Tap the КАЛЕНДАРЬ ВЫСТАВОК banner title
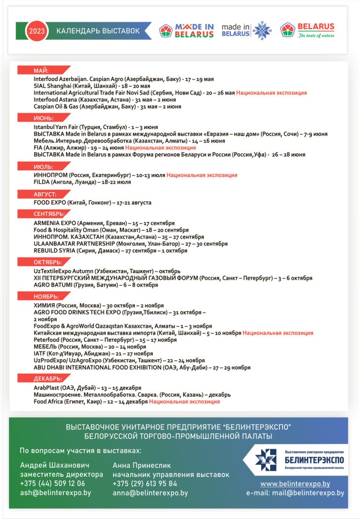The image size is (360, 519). pos(98,31)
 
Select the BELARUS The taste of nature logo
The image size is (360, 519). pos(307,30)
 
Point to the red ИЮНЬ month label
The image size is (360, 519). pos(43,118)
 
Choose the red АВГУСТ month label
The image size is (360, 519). pos(45,194)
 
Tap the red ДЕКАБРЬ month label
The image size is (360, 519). pos(46,379)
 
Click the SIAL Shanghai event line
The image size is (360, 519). pos(92,86)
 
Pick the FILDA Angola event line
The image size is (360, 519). pos(82,182)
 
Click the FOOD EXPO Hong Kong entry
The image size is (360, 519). pos(92,203)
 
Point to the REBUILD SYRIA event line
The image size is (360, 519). pos(110,250)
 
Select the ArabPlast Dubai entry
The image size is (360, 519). pos(87,388)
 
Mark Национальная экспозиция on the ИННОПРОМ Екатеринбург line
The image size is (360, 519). pos(202,175)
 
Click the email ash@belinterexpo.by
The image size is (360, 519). pos(55,493)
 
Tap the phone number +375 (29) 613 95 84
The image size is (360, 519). pos(145,483)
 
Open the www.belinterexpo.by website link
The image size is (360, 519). pos(295,484)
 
